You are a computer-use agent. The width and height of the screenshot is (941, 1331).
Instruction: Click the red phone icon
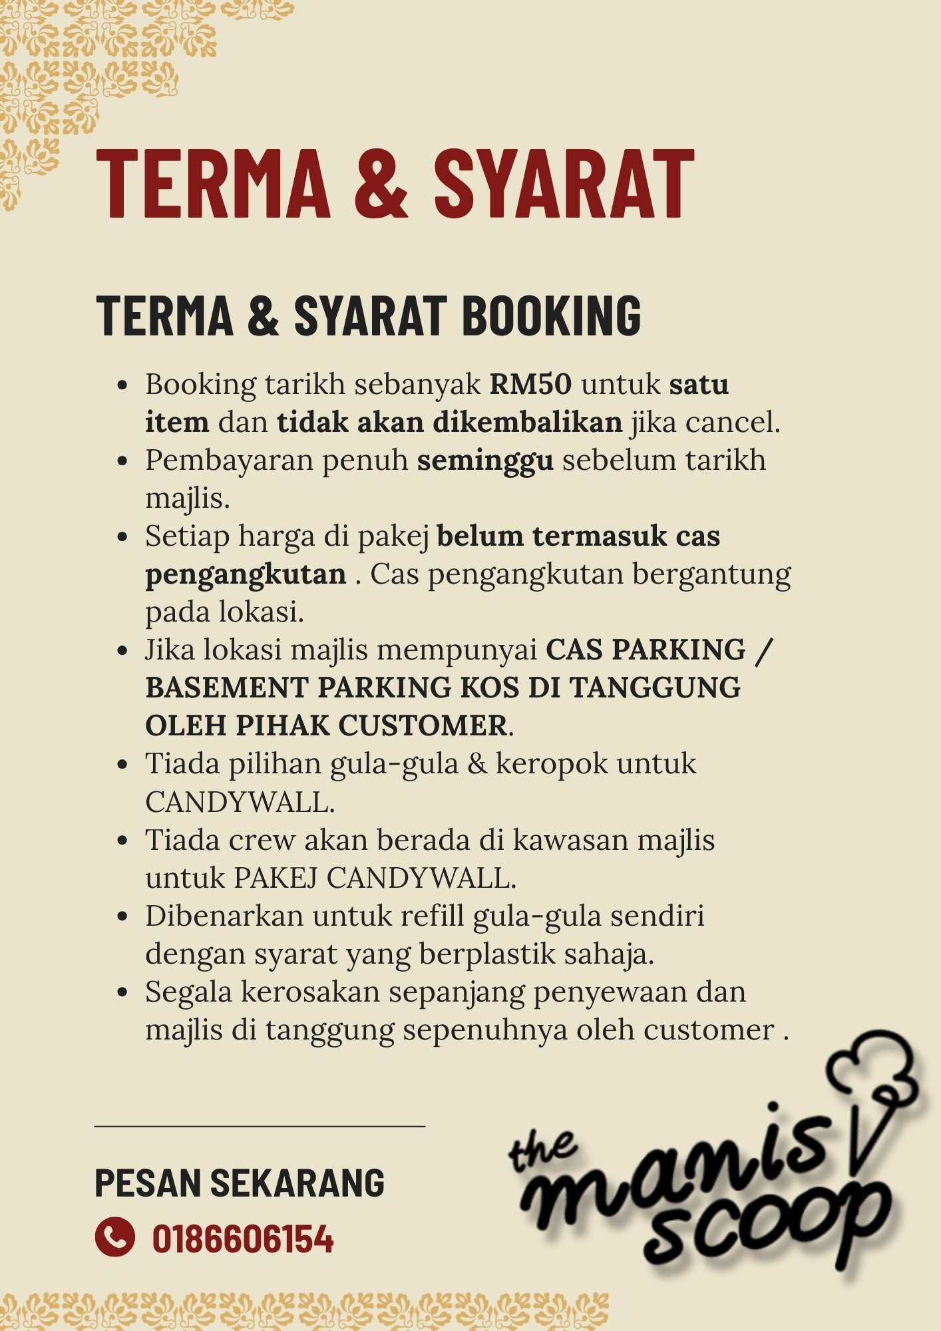114,1236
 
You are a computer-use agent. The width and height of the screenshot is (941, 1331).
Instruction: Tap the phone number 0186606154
243,1238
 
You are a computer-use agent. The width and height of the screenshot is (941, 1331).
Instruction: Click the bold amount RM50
530,385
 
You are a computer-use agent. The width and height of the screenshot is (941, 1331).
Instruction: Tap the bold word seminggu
485,461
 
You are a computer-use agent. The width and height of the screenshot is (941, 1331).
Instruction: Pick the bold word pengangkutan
246,574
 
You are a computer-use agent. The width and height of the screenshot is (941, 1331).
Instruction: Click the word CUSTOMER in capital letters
423,725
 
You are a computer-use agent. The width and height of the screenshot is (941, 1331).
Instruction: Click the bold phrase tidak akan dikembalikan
449,423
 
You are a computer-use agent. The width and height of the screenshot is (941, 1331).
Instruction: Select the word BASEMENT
226,687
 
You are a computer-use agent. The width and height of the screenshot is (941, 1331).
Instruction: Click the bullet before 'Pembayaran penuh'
122,461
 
